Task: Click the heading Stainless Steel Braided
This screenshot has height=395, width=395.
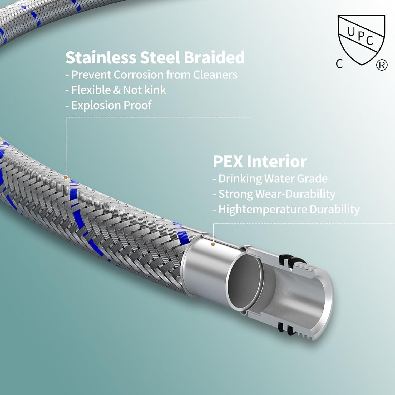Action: click(x=155, y=57)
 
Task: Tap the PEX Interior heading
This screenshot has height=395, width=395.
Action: click(x=260, y=161)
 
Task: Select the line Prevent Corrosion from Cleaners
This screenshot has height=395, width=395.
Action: click(x=152, y=75)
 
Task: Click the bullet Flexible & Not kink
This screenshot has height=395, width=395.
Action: click(x=116, y=90)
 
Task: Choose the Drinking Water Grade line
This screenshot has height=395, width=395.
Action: click(x=270, y=179)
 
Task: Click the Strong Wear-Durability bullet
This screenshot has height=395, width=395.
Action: click(x=274, y=194)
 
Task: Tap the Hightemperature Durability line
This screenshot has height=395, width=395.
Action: click(x=286, y=210)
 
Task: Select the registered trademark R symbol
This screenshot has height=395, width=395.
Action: click(x=382, y=65)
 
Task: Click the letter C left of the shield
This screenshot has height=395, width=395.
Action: click(x=339, y=64)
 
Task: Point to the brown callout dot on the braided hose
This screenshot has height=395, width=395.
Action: click(x=66, y=177)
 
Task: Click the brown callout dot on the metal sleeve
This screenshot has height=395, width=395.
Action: click(x=213, y=244)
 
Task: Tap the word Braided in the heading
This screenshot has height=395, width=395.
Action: click(x=214, y=57)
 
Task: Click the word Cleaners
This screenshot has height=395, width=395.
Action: click(x=215, y=75)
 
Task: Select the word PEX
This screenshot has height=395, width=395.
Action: click(x=228, y=161)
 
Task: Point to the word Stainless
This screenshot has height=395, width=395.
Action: click(x=101, y=57)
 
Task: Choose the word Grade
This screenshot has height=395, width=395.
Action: click(x=313, y=179)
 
